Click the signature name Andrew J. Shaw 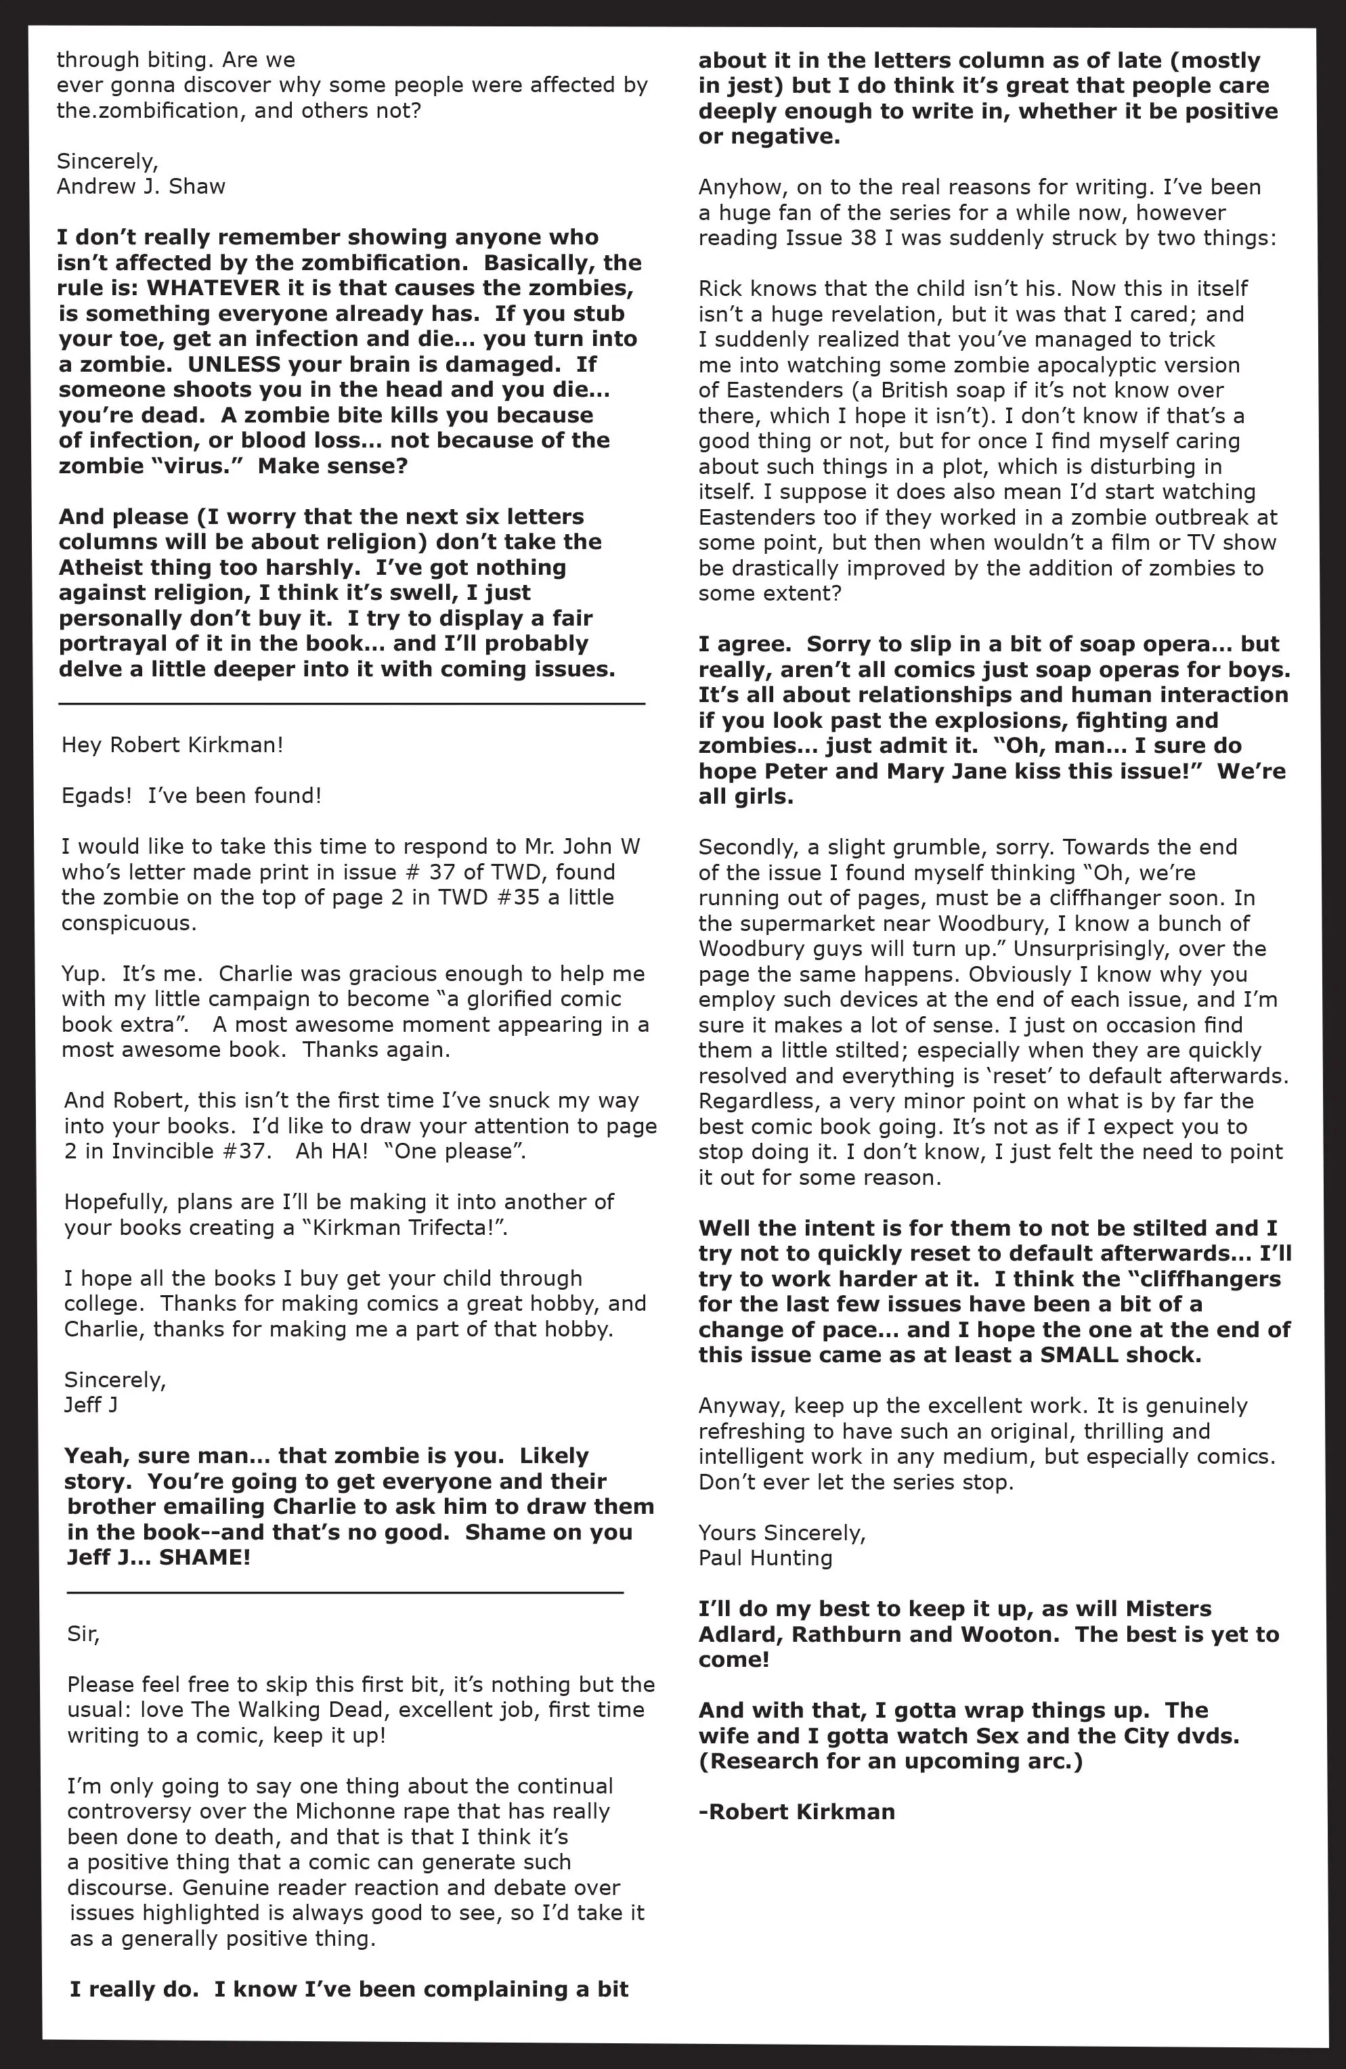(x=141, y=186)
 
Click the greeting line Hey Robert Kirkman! (x=172, y=745)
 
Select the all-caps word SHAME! (x=205, y=1557)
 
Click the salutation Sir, (x=83, y=1634)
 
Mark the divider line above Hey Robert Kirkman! (x=351, y=703)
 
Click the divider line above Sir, (x=345, y=1592)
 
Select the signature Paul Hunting (x=765, y=1557)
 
